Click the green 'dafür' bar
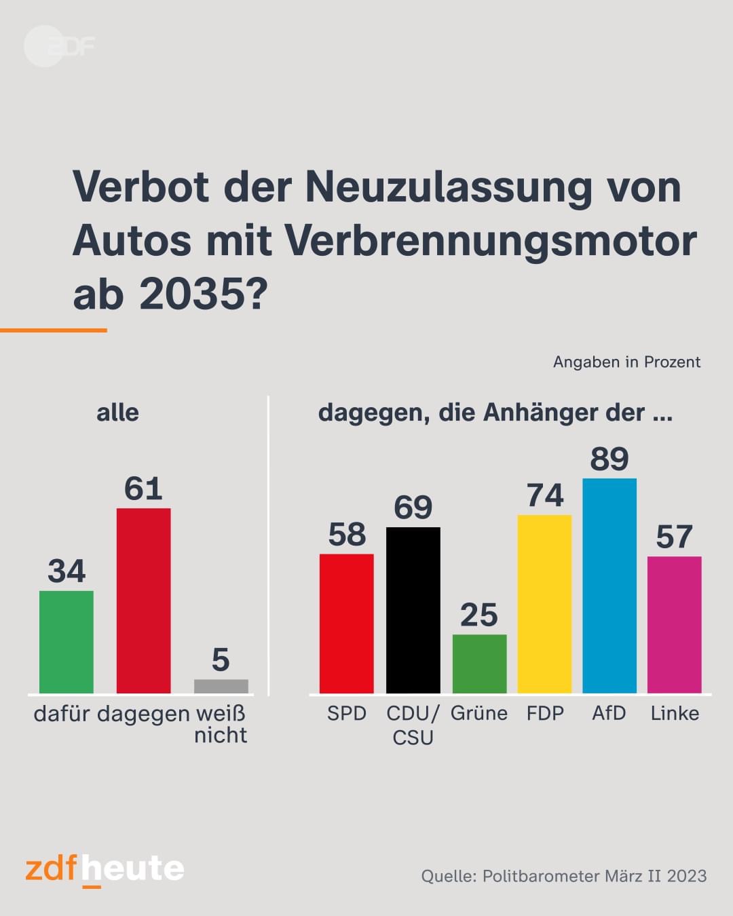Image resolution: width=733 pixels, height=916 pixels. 66,642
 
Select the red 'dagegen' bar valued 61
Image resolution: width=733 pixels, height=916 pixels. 143,600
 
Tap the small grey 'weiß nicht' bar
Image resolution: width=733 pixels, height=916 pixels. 221,686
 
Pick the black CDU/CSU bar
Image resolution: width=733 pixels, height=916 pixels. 413,611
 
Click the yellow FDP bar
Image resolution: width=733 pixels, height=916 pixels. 544,604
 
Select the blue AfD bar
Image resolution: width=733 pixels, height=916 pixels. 609,586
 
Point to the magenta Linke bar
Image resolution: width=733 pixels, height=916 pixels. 674,625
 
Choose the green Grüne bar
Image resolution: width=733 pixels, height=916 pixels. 480,664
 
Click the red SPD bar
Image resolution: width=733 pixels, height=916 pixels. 347,624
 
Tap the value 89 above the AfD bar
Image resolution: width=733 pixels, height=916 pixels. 609,459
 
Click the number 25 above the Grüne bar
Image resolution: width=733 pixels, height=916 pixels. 479,615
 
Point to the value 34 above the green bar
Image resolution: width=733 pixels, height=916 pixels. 67,571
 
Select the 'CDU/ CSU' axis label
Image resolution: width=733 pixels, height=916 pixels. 413,725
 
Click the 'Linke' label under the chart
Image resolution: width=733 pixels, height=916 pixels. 675,713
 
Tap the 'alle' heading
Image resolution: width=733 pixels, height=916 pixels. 117,413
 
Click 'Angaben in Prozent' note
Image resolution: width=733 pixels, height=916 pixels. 626,362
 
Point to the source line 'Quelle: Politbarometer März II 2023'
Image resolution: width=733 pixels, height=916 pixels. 564,876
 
